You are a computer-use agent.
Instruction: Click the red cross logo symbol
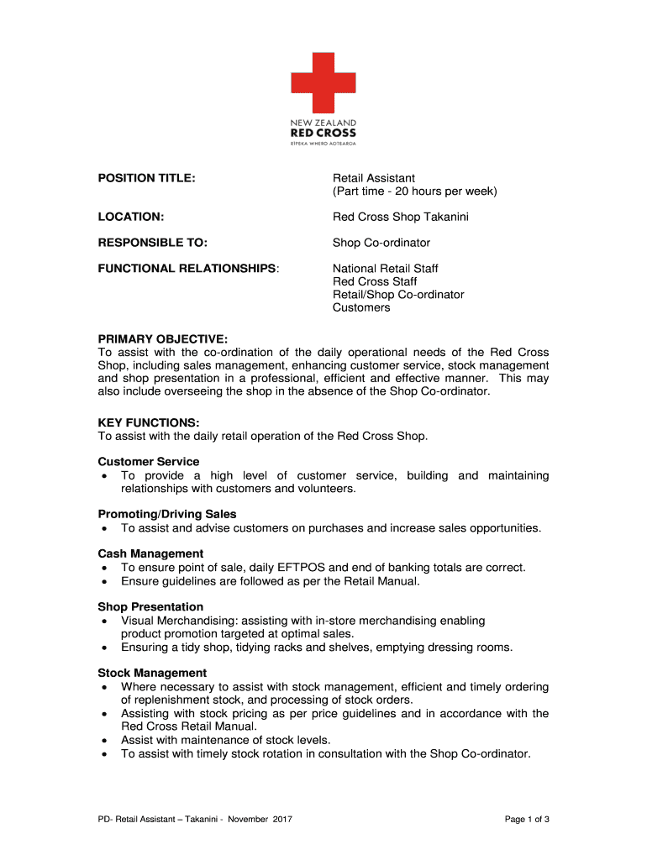(x=323, y=82)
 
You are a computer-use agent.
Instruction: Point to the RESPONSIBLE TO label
(x=152, y=243)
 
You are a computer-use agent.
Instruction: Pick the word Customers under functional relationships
(x=361, y=307)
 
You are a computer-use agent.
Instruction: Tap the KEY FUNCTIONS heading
(x=148, y=422)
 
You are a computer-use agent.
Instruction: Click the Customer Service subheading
(x=149, y=462)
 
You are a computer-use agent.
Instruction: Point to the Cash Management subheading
(x=150, y=553)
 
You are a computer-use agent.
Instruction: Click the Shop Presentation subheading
(x=150, y=606)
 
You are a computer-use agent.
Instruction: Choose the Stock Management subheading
(x=152, y=673)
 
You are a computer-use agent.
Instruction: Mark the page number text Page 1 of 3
(x=527, y=819)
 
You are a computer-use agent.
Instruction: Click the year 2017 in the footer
(x=281, y=819)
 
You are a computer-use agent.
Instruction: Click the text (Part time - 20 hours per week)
(x=415, y=191)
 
